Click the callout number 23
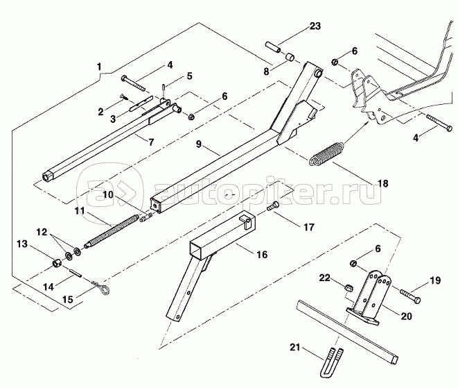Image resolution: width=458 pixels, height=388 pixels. point(315,27)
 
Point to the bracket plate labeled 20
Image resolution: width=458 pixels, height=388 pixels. point(367,298)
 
